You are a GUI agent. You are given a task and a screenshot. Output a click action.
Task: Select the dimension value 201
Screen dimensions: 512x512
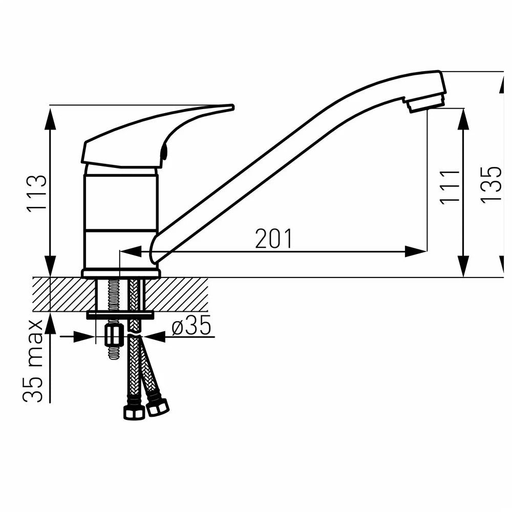pos(273,239)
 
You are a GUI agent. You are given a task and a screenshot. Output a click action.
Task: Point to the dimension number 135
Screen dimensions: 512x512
pos(491,185)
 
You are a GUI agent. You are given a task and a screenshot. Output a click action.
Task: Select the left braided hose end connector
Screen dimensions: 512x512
pos(134,412)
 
